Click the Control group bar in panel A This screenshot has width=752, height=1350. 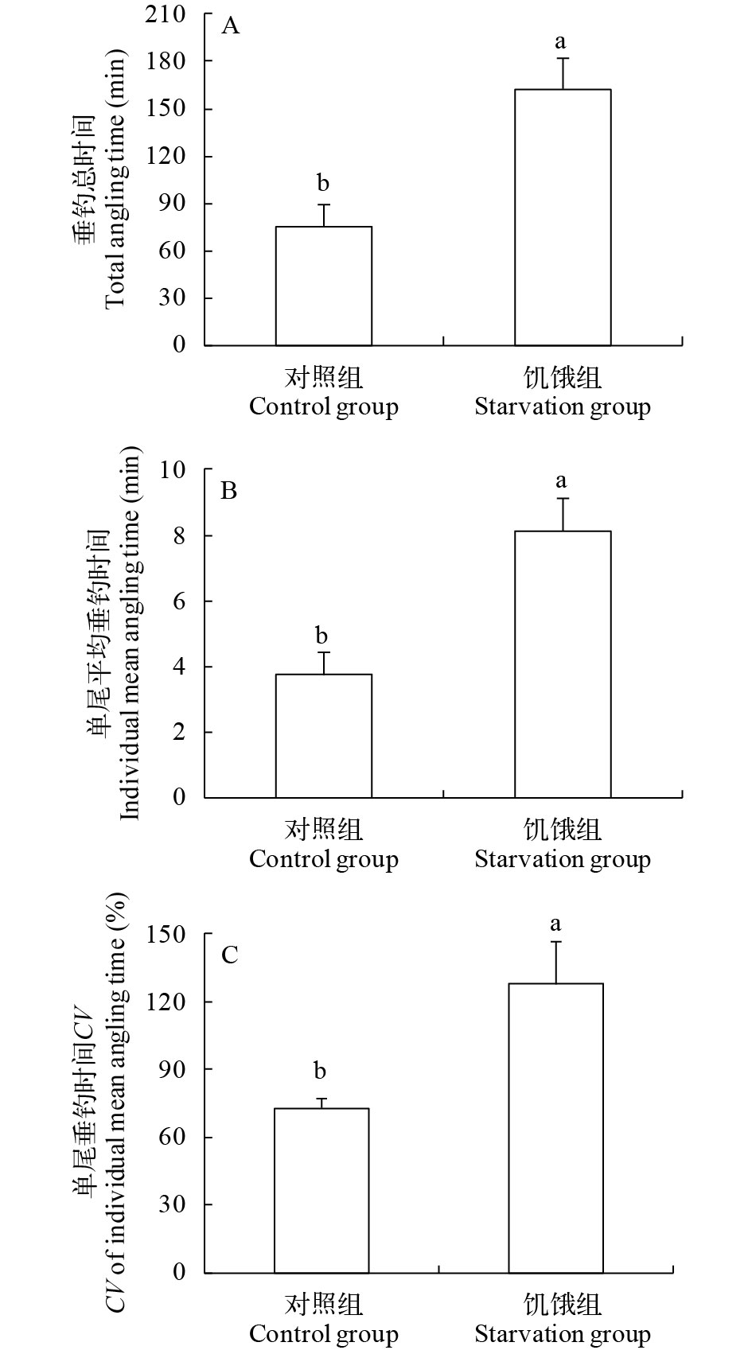pos(323,286)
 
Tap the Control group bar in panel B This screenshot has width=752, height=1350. pos(323,735)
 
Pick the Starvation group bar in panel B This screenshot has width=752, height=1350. pos(563,663)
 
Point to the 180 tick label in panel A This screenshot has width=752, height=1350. pos(167,61)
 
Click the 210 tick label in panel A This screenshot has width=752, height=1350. pos(167,14)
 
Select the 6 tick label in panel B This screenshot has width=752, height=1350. pos(178,601)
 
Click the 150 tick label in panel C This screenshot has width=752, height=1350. pos(167,935)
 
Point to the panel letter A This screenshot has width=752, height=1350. pos(230,26)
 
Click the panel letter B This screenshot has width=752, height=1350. pos(229,490)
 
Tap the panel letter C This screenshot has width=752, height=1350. pos(230,954)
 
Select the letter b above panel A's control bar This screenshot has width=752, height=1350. pos(323,184)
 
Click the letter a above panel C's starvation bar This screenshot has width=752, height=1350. pos(555,924)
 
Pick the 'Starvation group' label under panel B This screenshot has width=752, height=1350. pos(563,859)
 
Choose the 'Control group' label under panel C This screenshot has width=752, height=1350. pos(323,1333)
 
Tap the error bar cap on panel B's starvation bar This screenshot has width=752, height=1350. pos(563,499)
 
